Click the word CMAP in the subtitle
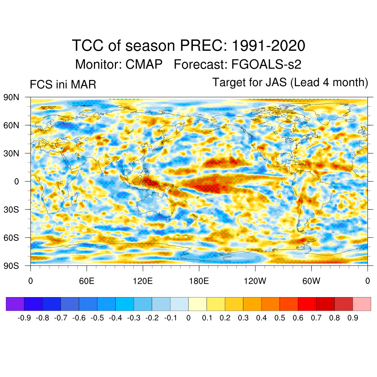[x=144, y=64]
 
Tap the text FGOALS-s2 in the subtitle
[x=266, y=64]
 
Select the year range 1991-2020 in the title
[x=268, y=46]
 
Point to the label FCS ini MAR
[x=63, y=85]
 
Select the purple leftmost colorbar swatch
[x=15, y=304]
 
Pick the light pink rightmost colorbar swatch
[x=362, y=304]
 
